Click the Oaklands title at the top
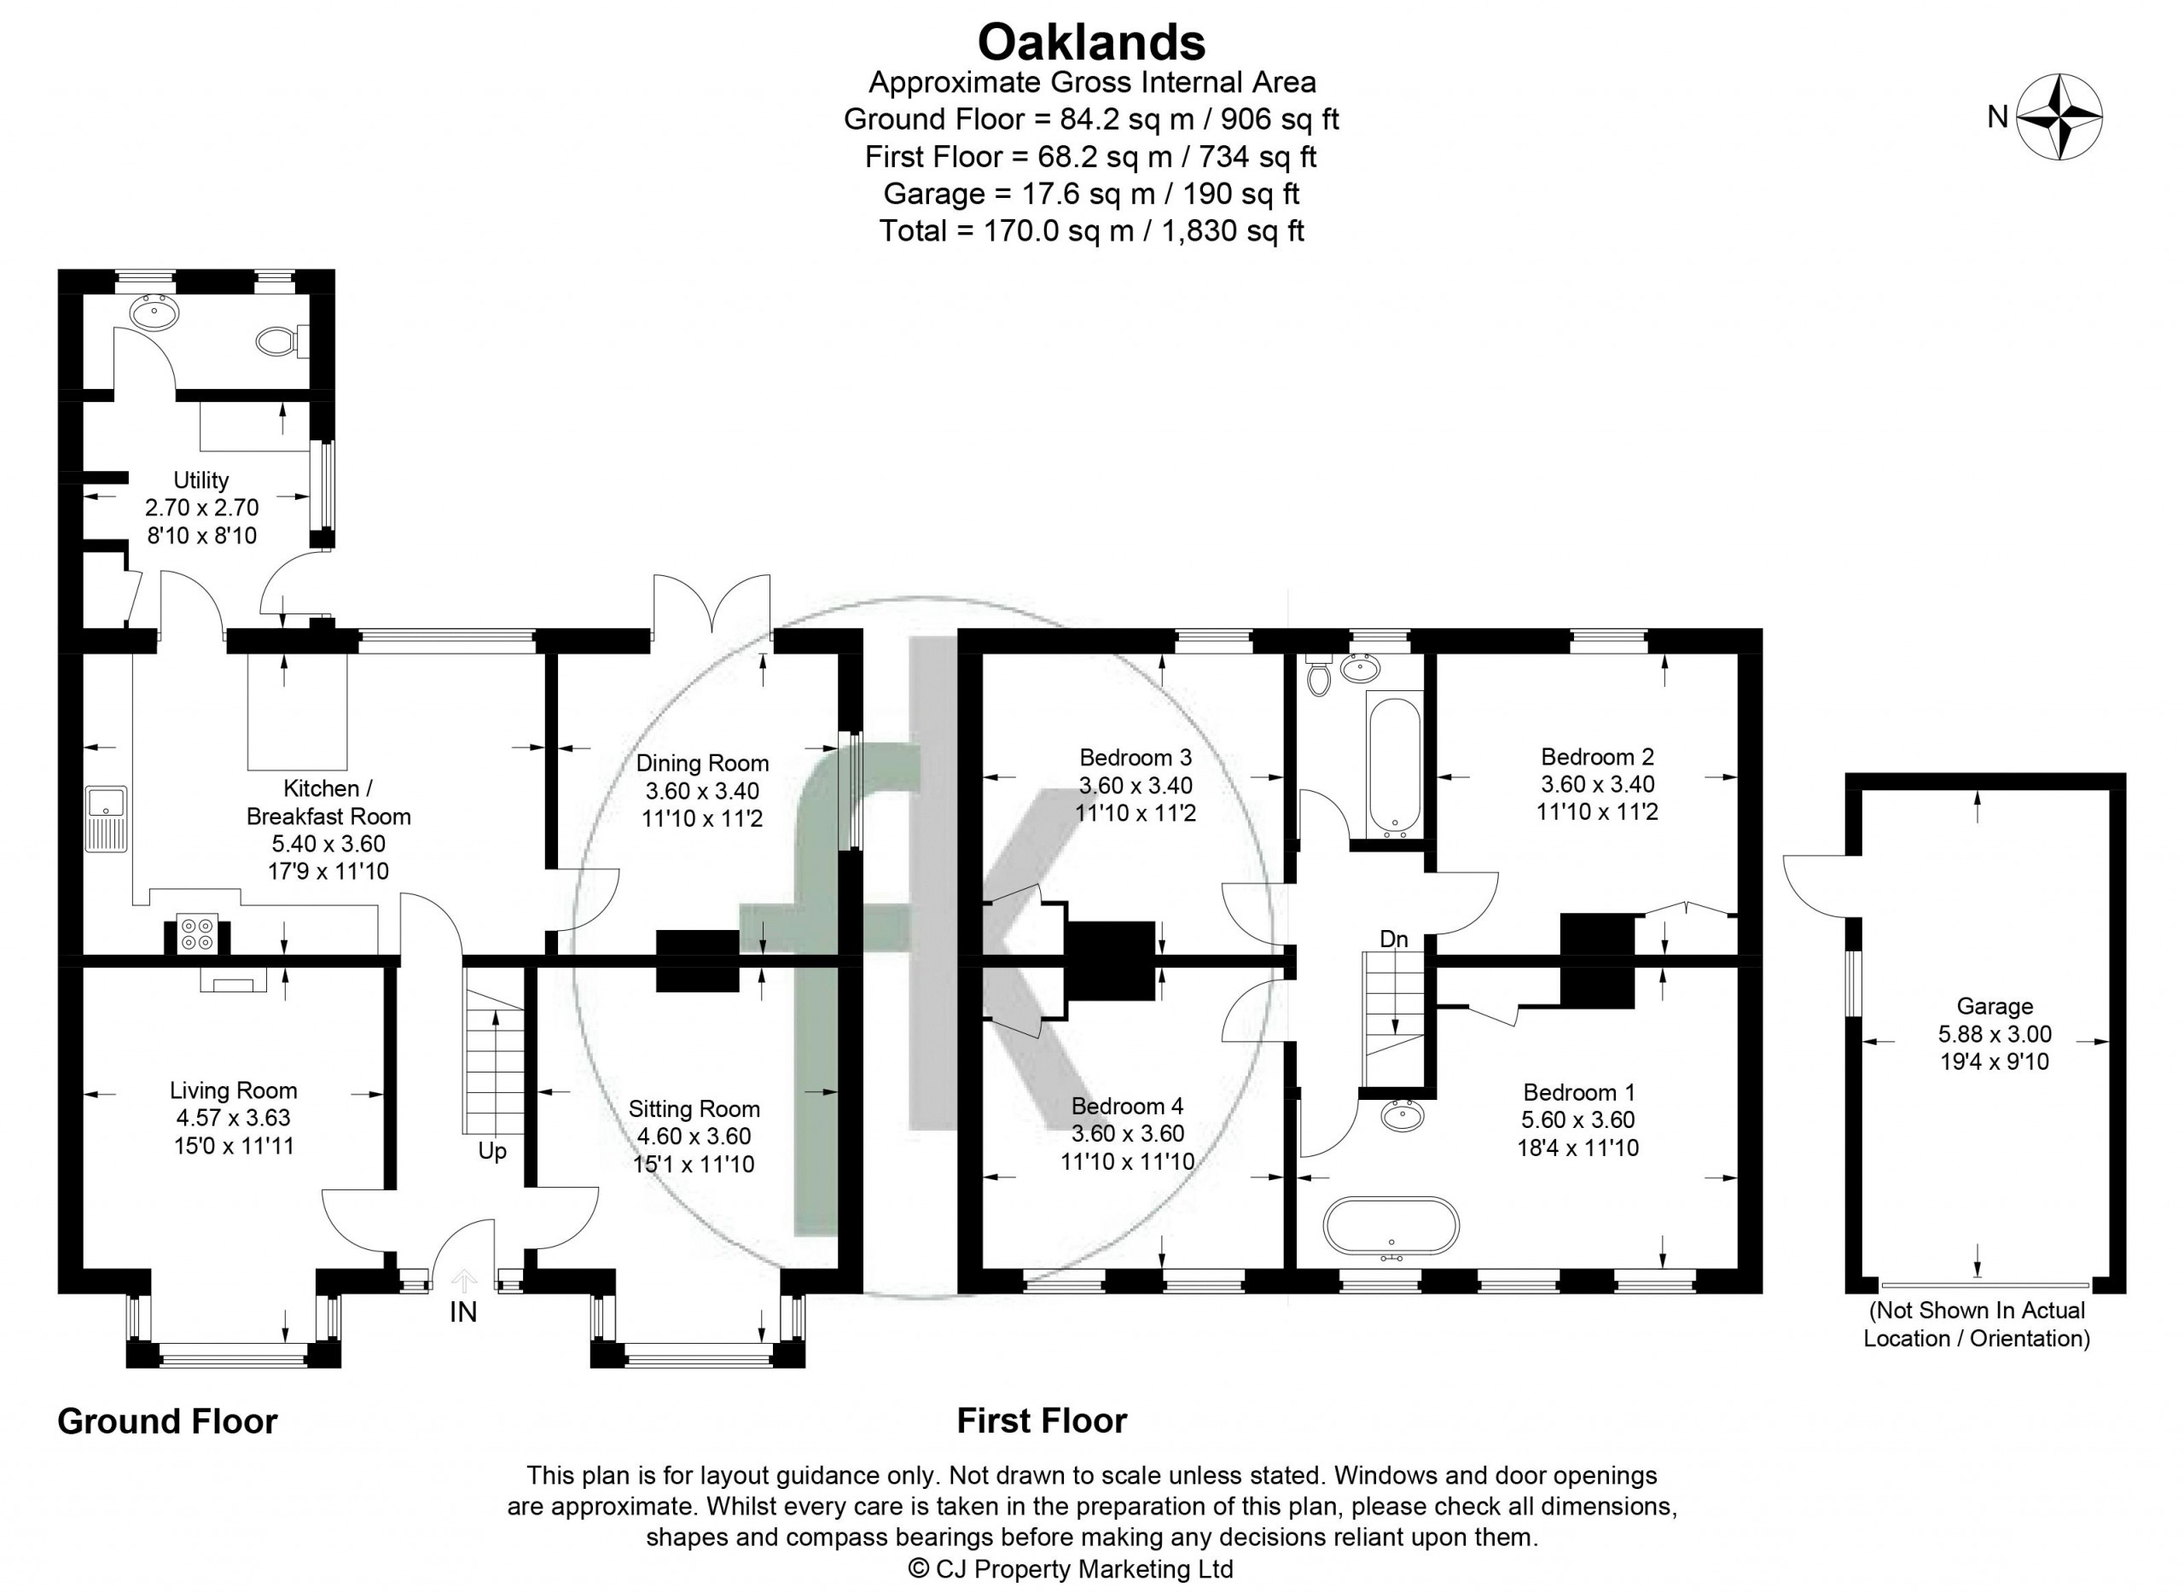[1091, 43]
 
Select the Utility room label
[200, 480]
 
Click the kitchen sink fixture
[105, 818]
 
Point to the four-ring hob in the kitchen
[198, 933]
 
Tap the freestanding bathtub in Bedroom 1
[1391, 1228]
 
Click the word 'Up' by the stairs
[491, 1151]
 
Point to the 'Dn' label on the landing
[1393, 939]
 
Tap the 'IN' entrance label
[463, 1312]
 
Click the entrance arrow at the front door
[464, 1280]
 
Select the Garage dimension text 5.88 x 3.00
[1994, 1034]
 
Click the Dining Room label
[702, 763]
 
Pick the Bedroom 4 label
[1127, 1106]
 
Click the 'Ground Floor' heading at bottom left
[168, 1421]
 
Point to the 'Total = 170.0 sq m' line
[1091, 231]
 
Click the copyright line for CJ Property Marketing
[1072, 1569]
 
